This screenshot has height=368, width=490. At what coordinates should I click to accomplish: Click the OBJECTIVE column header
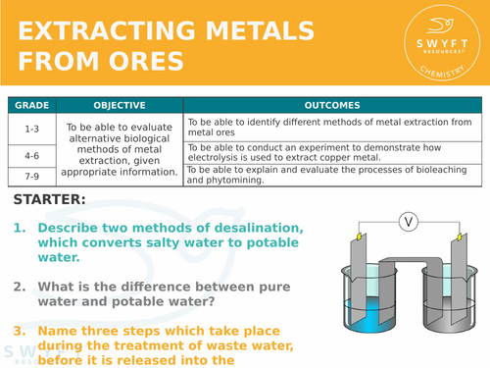pos(120,105)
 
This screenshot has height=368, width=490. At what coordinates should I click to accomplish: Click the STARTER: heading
pos(50,200)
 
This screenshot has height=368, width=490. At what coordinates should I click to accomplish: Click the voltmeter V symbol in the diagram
pos(410,223)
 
